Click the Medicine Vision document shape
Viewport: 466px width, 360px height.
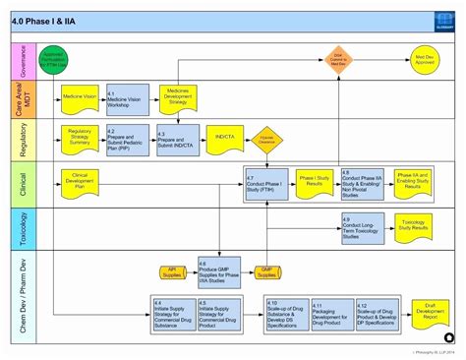(x=80, y=97)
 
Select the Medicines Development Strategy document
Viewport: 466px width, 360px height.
(x=178, y=95)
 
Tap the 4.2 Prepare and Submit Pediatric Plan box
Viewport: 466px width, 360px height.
(x=125, y=140)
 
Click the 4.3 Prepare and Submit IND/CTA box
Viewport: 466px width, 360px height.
(x=177, y=140)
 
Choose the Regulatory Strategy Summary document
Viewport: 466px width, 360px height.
(x=80, y=137)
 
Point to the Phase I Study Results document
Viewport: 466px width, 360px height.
(x=313, y=181)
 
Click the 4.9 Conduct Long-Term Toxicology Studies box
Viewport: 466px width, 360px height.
(x=360, y=227)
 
